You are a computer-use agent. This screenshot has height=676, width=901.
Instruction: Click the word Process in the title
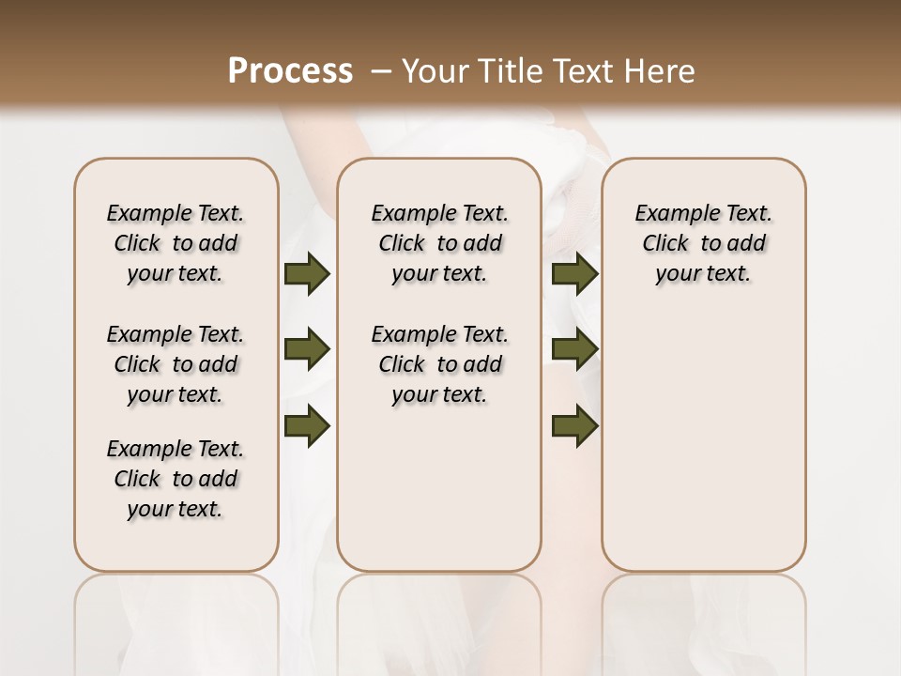point(290,71)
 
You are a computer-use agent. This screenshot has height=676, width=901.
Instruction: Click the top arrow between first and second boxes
point(307,274)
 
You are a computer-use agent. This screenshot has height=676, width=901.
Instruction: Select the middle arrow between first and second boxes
point(307,350)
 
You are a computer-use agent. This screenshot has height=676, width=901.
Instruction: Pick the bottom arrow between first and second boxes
point(307,425)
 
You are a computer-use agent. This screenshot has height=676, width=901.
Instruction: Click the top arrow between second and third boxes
point(575,274)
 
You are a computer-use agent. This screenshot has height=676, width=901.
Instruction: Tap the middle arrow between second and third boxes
point(575,350)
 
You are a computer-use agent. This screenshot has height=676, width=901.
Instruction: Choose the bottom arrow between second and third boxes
point(575,425)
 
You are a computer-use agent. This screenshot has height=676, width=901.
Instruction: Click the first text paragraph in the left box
point(176,244)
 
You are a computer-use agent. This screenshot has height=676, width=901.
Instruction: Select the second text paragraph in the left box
point(176,364)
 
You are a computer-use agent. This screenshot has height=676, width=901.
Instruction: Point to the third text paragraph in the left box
point(176,479)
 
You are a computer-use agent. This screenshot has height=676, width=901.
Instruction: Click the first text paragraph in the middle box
point(439,244)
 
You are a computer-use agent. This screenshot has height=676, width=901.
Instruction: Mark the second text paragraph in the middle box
point(439,364)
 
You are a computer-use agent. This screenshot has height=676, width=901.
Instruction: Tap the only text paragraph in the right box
point(703,244)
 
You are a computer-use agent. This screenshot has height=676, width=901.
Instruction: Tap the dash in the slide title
point(381,71)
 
